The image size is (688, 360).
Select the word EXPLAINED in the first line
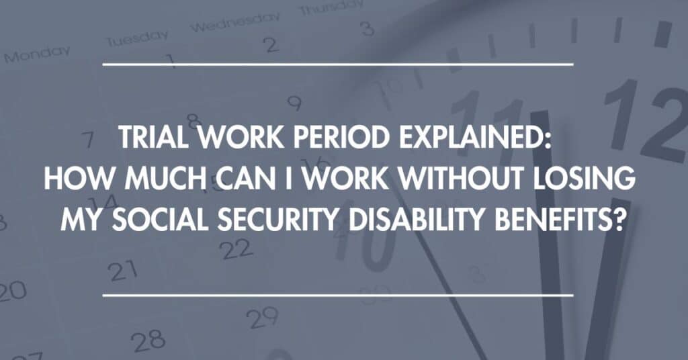coord(472,137)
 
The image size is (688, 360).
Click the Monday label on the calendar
coord(37,54)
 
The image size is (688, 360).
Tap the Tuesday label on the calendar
coord(137,38)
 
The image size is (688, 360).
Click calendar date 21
coord(123,271)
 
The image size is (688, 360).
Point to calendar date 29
coord(262,318)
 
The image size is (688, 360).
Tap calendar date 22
coord(236,249)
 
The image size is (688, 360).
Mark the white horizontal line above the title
coord(338,64)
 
